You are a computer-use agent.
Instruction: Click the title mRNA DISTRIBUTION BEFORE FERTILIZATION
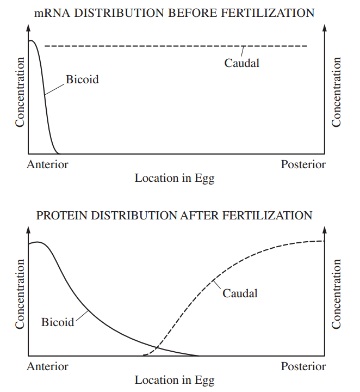coord(174,13)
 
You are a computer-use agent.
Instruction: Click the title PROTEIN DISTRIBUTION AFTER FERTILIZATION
coord(174,215)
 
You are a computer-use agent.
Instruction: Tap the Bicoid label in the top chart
coord(83,79)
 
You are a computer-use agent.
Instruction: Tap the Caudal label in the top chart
coord(242,63)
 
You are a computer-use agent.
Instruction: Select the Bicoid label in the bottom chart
coord(58,322)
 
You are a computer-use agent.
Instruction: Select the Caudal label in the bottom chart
coord(240,293)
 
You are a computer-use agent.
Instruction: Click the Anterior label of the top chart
coord(47,164)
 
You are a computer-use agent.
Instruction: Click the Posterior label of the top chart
coord(303,164)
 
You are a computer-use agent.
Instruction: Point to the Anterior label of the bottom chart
coord(47,366)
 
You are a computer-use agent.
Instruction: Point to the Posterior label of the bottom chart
coord(303,366)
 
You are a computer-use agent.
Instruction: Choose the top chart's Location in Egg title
coord(175,178)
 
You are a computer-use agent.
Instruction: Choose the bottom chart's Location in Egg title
coord(175,380)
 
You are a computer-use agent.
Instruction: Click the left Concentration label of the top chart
coord(20,92)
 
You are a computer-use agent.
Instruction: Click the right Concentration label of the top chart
coord(337,92)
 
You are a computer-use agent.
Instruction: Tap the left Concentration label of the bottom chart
coord(20,294)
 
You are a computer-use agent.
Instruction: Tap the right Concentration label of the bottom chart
coord(337,294)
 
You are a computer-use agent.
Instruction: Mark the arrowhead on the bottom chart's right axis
coord(325,229)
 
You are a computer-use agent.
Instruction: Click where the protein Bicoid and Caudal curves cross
coord(157,347)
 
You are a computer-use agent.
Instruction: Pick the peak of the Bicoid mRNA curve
coord(31,41)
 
